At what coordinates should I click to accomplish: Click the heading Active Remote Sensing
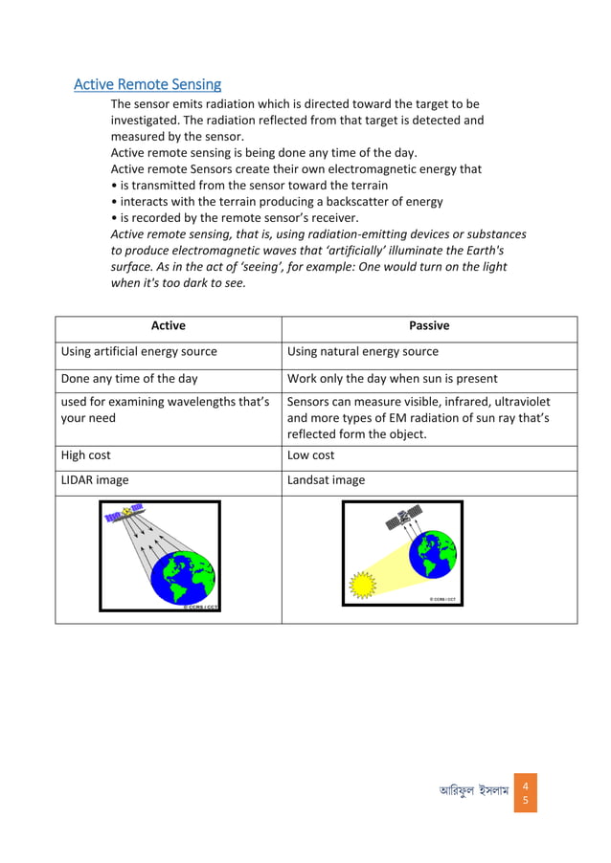(x=147, y=85)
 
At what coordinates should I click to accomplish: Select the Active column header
(x=168, y=326)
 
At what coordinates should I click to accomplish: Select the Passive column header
(x=428, y=326)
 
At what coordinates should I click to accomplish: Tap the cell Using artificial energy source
(x=139, y=352)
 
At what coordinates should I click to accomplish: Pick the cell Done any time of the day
(x=129, y=379)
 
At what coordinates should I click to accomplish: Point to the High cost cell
(x=86, y=455)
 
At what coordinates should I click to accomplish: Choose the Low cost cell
(x=311, y=455)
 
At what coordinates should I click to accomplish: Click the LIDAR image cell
(x=95, y=480)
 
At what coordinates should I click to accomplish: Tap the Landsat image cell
(x=326, y=480)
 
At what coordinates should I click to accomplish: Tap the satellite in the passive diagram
(x=402, y=519)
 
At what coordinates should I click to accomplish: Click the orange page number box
(x=524, y=794)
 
